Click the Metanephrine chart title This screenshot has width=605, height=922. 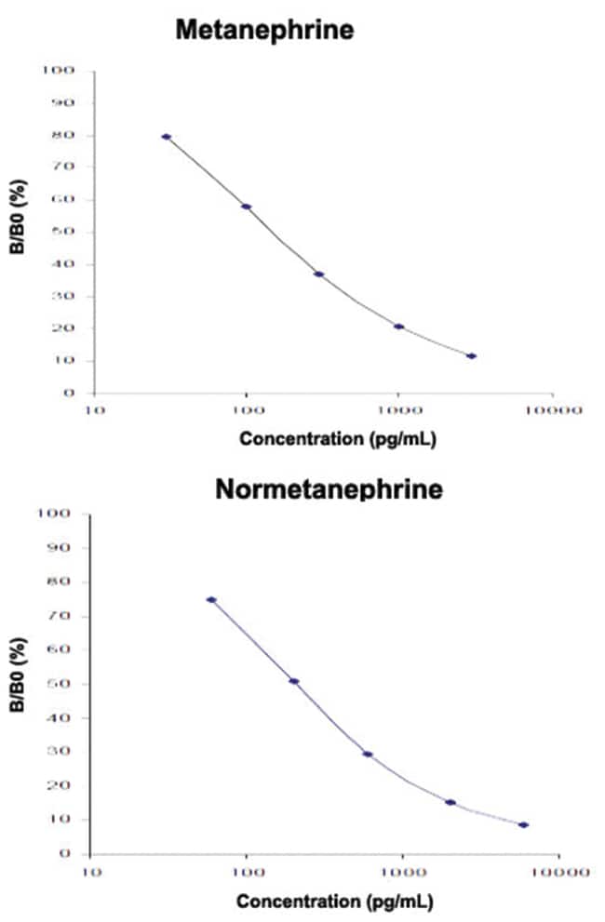pos(265,31)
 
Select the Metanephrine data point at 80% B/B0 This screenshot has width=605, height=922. pos(167,137)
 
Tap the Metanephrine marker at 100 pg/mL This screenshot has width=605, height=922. pos(247,207)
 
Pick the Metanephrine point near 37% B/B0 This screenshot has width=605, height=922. pos(319,274)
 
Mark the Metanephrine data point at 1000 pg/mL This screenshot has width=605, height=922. pos(399,327)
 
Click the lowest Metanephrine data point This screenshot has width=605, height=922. pos(472,356)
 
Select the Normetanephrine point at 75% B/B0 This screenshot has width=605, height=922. pos(211,600)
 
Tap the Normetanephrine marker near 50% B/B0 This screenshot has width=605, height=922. pos(294,681)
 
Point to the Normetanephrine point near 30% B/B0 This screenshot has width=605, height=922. pos(368,754)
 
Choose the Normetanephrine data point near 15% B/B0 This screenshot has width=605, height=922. pos(450,802)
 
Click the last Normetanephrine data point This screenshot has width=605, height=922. pos(524,825)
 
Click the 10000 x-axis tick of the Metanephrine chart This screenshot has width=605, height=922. pos(552,408)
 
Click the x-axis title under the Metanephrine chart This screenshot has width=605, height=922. pos(325,439)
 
